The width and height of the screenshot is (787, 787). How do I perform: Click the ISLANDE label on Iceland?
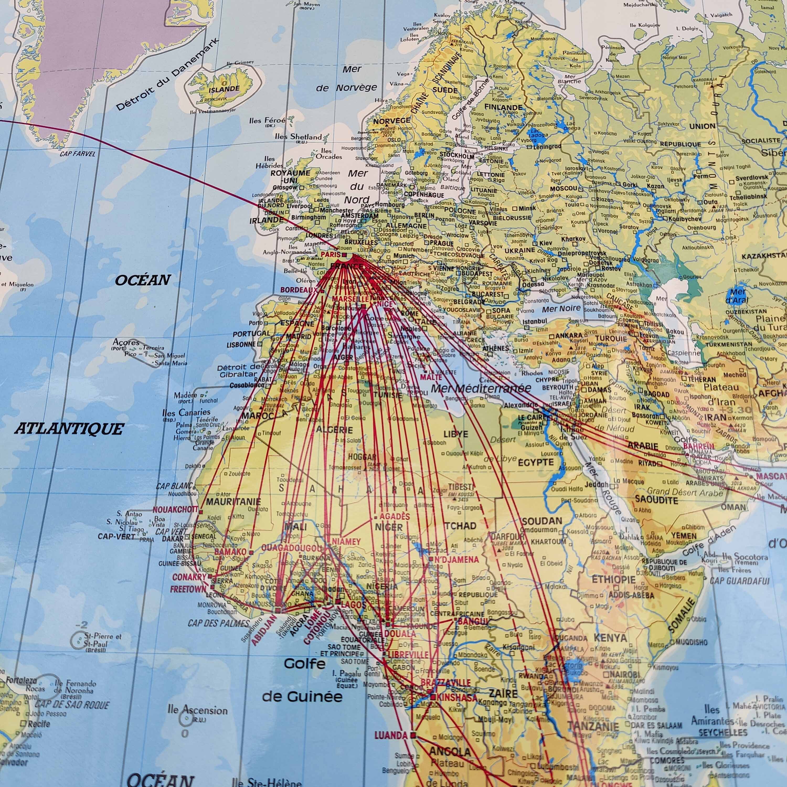(x=224, y=89)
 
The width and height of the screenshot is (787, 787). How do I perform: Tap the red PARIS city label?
(x=330, y=254)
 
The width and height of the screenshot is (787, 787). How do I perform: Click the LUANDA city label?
(x=391, y=724)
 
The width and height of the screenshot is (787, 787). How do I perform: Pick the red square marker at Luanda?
(x=413, y=724)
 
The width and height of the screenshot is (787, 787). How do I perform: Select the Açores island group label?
(x=126, y=343)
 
